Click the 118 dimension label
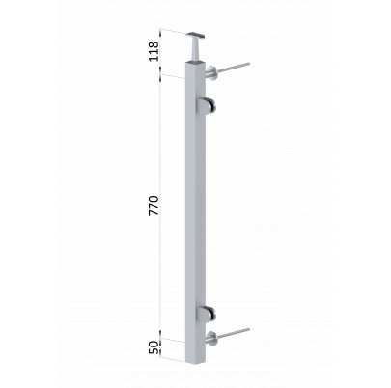click(x=154, y=51)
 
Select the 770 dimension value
click(x=154, y=206)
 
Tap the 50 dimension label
click(x=154, y=347)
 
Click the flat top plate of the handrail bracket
click(x=197, y=34)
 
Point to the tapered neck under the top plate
click(x=195, y=48)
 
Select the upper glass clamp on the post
click(x=206, y=105)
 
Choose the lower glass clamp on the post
click(x=206, y=314)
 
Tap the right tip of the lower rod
click(x=249, y=329)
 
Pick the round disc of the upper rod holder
click(x=212, y=72)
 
